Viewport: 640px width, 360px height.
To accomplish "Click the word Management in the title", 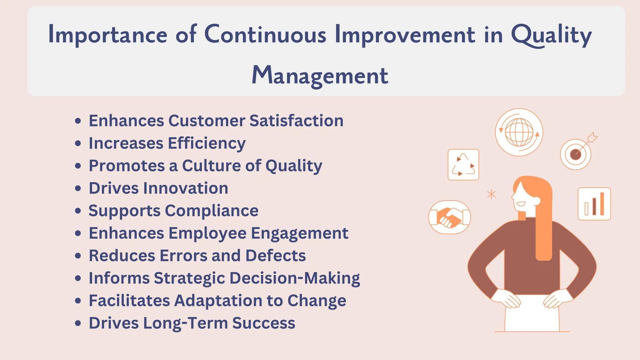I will pyautogui.click(x=320, y=76).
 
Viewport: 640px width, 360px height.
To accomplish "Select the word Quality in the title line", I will pyautogui.click(x=551, y=35).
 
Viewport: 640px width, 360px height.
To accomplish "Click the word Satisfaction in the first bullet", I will pyautogui.click(x=296, y=121).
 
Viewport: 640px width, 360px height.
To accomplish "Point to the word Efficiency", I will pyautogui.click(x=207, y=143).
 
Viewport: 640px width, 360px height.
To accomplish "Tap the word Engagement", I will pyautogui.click(x=299, y=233).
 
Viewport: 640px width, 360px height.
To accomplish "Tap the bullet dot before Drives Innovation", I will pyautogui.click(x=78, y=188).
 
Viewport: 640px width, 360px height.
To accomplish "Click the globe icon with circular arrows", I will pyautogui.click(x=519, y=132).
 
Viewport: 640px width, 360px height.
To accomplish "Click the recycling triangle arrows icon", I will pyautogui.click(x=463, y=165).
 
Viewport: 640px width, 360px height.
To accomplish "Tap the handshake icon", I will pyautogui.click(x=449, y=217).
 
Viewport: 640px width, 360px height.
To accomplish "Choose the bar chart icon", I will pyautogui.click(x=594, y=204).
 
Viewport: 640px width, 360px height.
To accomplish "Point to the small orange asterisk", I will pyautogui.click(x=491, y=194).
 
